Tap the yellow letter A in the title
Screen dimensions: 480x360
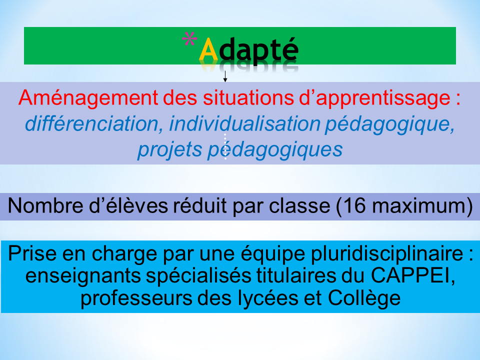208,49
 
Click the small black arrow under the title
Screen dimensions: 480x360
225,76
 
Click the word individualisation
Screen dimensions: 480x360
244,123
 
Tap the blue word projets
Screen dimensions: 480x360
169,150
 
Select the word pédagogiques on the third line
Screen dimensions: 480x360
275,150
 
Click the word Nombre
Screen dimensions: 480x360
45,205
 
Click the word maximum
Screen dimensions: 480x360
419,205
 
